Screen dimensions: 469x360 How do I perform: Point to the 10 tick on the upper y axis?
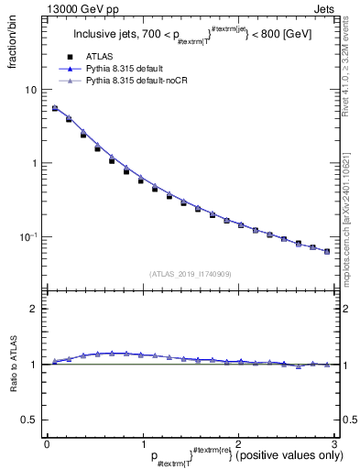[x=32, y=90]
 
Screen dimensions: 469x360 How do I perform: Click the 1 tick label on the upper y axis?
[x=35, y=163]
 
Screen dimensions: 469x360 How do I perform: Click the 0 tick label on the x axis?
[x=47, y=443]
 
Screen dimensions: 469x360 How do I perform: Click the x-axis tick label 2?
[x=238, y=443]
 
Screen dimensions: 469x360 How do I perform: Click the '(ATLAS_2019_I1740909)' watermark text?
[x=190, y=274]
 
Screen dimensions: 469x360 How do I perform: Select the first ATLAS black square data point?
[x=54, y=108]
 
